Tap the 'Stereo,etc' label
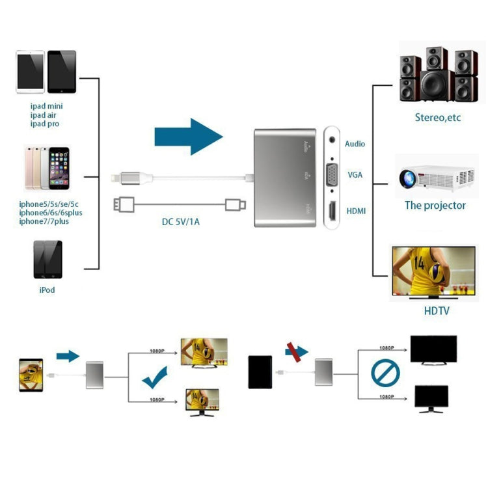pyautogui.click(x=438, y=118)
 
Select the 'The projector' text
pyautogui.click(x=435, y=206)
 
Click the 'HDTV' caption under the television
pyautogui.click(x=437, y=311)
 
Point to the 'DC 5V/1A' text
pyautogui.click(x=181, y=222)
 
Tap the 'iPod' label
pyautogui.click(x=47, y=290)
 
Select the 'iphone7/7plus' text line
pyautogui.click(x=44, y=221)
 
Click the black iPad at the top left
pyautogui.click(x=62, y=72)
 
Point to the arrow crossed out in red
pyautogui.click(x=297, y=352)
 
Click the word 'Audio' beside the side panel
pyautogui.click(x=355, y=144)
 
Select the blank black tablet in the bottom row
pyautogui.click(x=260, y=372)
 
